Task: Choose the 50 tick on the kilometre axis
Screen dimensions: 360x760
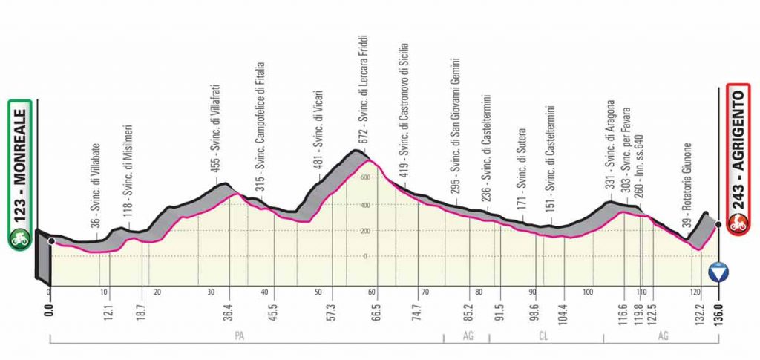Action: pos(318,292)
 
